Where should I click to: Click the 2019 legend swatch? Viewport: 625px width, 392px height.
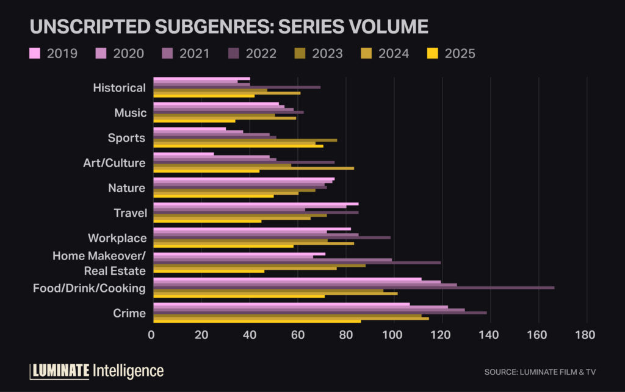tap(35, 53)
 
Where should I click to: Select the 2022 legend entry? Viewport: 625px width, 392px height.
tap(253, 53)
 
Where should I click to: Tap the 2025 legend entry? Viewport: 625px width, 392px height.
tap(452, 53)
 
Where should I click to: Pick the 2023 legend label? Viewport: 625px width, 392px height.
tap(327, 53)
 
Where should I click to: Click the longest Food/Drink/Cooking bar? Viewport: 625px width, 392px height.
tap(353, 287)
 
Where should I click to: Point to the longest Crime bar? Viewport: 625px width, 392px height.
tap(320, 312)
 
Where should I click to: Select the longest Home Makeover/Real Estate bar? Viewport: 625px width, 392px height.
tap(297, 263)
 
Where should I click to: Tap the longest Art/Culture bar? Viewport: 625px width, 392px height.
tap(253, 167)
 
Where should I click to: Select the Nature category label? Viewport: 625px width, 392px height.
tap(126, 188)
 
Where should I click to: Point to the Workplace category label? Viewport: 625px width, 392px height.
tap(117, 238)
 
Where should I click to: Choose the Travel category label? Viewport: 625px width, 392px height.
tap(130, 213)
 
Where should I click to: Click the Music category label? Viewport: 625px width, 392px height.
tap(130, 113)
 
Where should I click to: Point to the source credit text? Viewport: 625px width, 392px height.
tap(539, 372)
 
